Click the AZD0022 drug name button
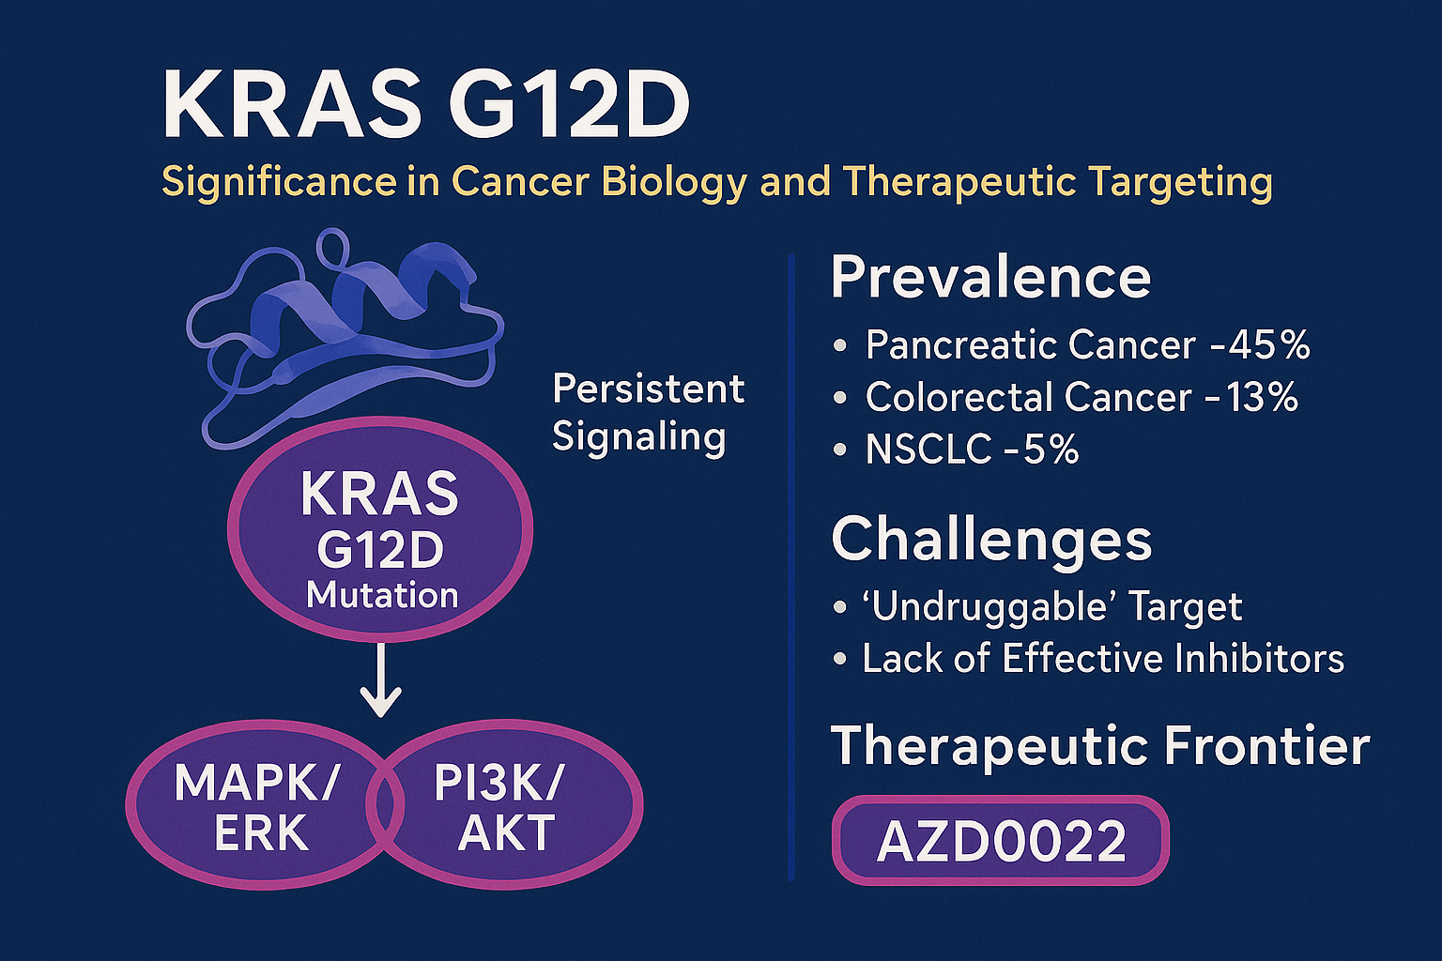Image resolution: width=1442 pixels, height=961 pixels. (x=1001, y=840)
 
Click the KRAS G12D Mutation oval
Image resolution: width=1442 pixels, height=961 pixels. (x=380, y=529)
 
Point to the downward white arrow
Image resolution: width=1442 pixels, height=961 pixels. (x=380, y=679)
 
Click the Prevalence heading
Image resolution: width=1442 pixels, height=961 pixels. (x=990, y=278)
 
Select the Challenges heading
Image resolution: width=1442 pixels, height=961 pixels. (x=991, y=540)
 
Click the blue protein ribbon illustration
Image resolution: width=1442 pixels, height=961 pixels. (x=345, y=338)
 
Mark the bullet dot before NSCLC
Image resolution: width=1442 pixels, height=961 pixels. (x=839, y=450)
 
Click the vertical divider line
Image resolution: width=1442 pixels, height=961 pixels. (x=791, y=567)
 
